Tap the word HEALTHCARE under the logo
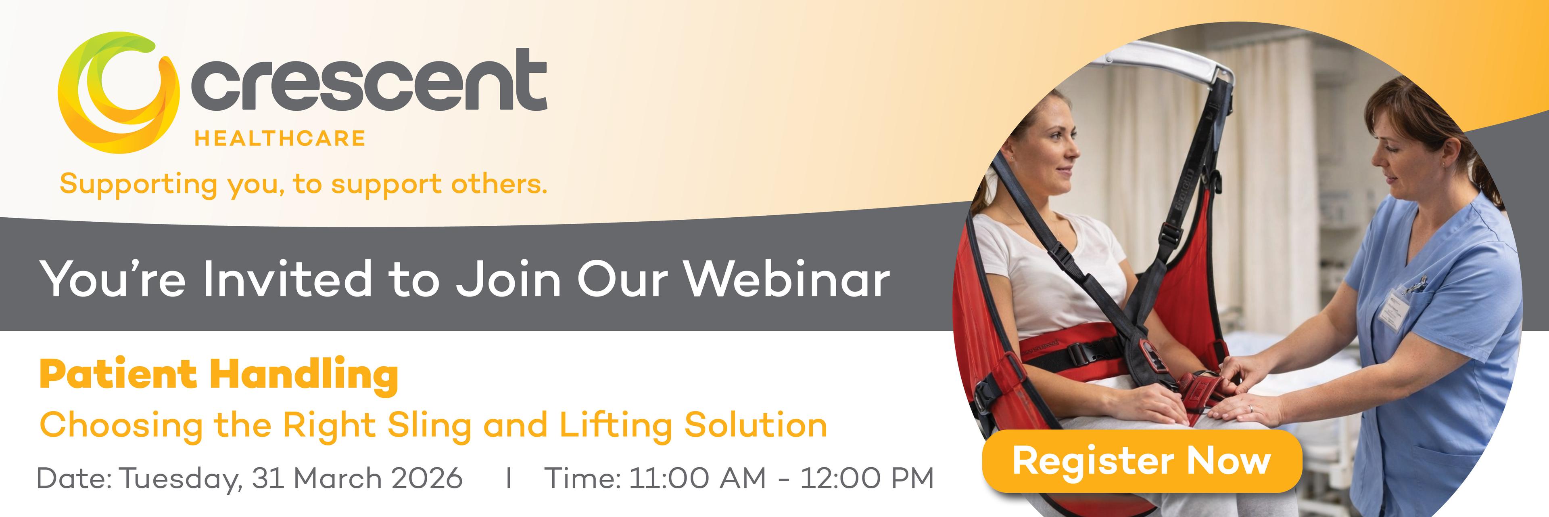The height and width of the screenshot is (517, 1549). (280, 139)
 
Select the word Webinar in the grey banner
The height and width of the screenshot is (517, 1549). (788, 279)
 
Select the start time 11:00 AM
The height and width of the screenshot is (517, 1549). (697, 479)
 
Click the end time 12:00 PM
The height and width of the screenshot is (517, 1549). (867, 479)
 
